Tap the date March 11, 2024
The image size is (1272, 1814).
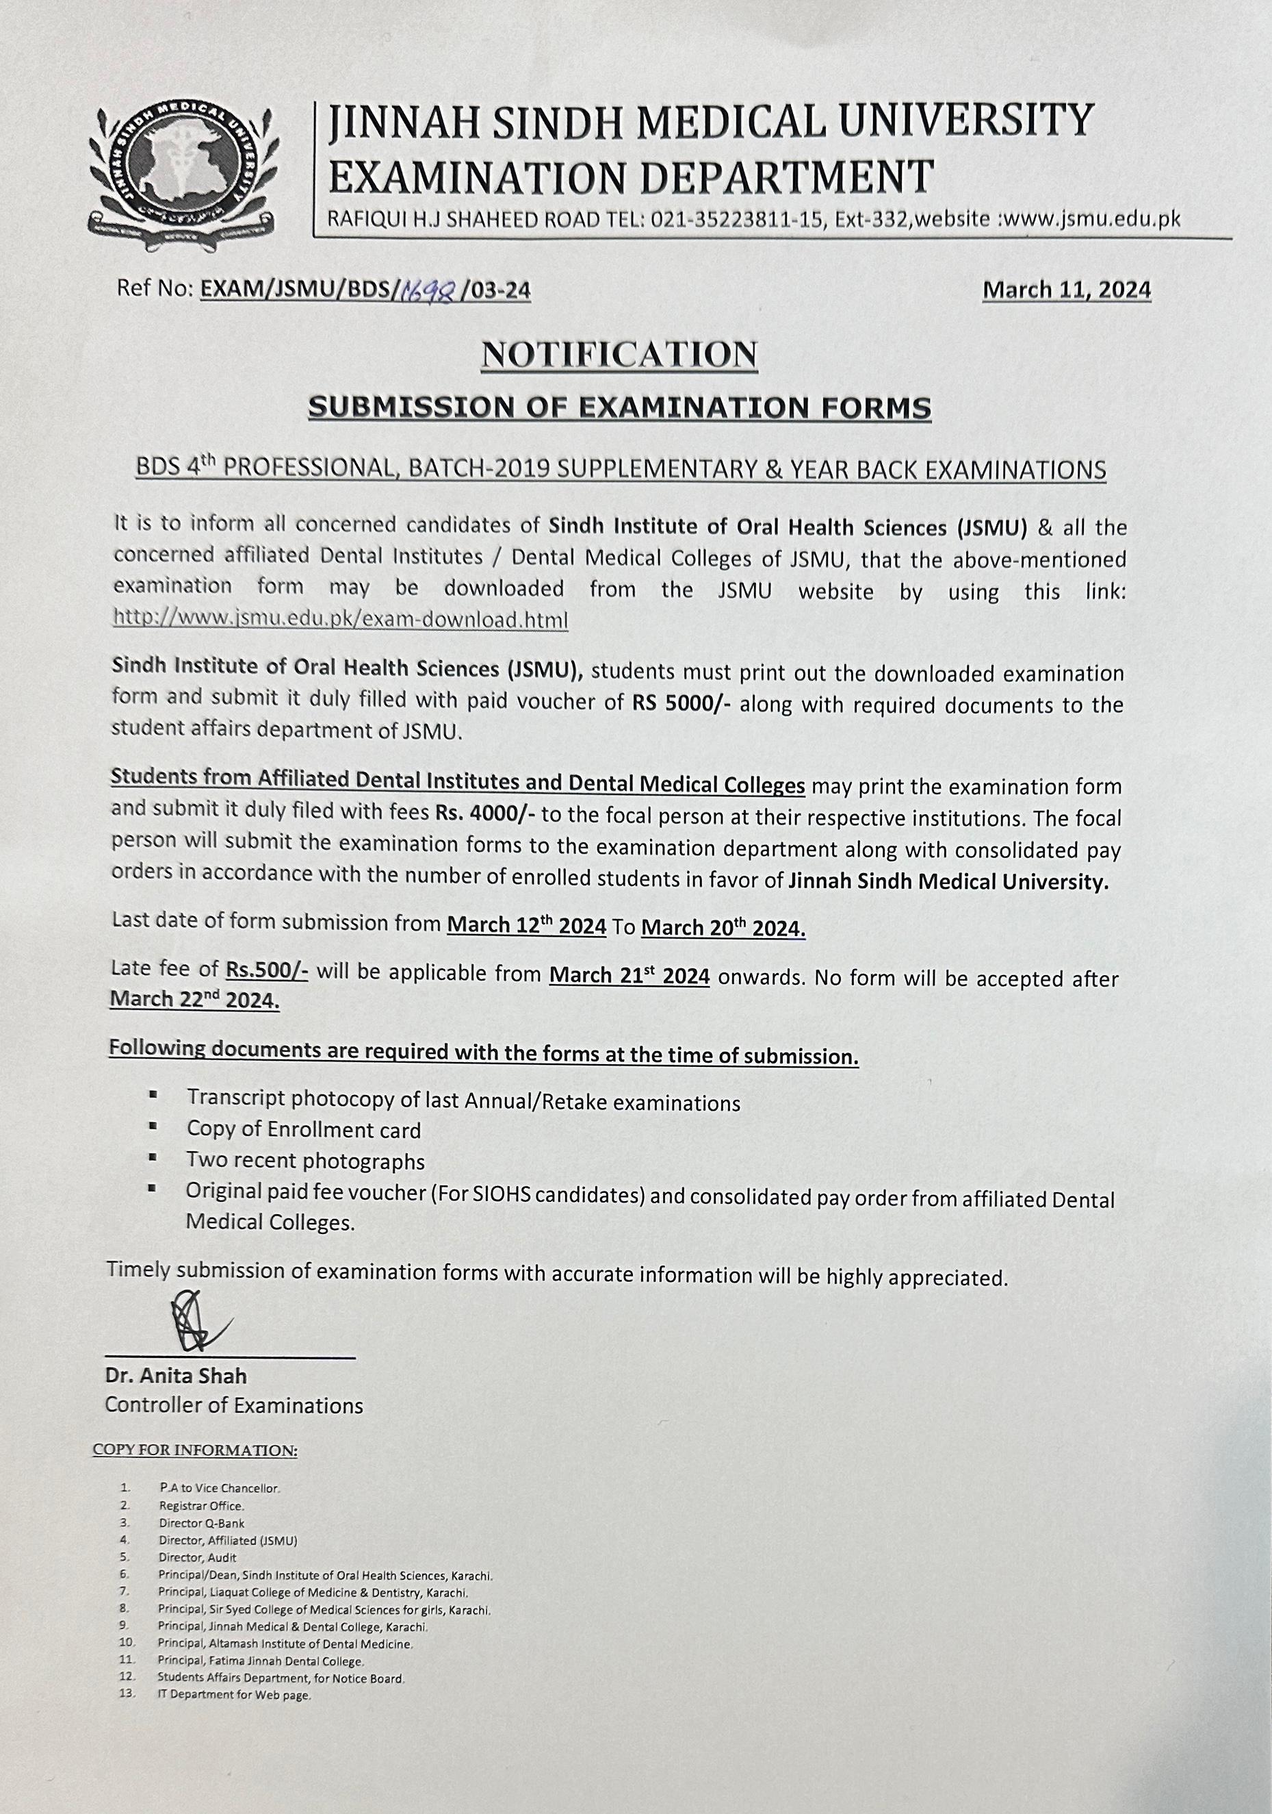1066,291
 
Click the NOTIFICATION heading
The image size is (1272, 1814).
620,354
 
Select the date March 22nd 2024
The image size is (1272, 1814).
194,1000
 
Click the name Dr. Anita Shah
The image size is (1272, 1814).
176,1376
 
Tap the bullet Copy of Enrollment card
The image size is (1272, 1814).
304,1130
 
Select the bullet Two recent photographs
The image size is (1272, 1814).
306,1161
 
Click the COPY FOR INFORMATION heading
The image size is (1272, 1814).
195,1450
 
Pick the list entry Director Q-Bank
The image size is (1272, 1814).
201,1522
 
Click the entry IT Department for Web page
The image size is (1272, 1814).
234,1695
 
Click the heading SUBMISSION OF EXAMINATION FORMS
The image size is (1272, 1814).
620,407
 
